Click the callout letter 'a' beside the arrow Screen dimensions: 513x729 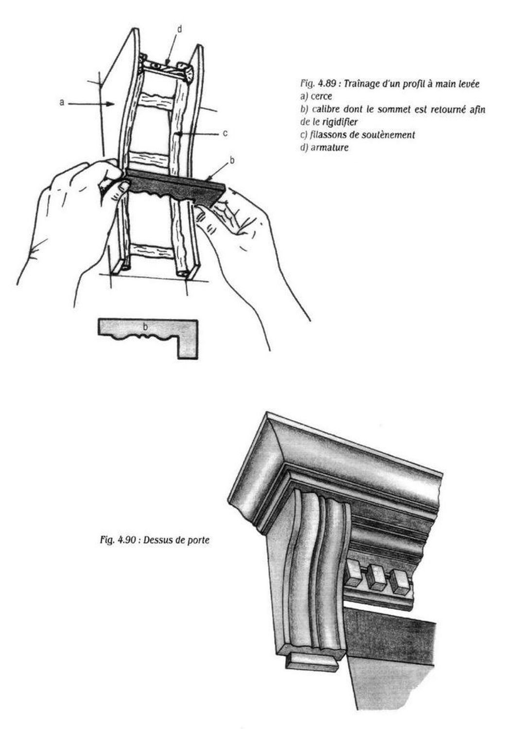coord(62,103)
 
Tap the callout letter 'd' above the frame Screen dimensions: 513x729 coord(179,29)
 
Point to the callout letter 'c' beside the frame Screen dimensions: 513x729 coord(225,134)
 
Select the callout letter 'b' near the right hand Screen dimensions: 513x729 coord(232,160)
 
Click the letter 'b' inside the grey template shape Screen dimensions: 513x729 coord(145,327)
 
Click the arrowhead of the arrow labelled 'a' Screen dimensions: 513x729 coord(111,104)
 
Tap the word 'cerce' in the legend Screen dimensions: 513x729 coord(322,96)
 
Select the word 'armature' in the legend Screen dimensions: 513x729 coord(329,147)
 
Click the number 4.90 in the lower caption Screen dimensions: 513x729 coord(127,540)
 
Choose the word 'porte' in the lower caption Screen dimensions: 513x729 coord(198,541)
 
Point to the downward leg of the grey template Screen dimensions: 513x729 coord(188,347)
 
